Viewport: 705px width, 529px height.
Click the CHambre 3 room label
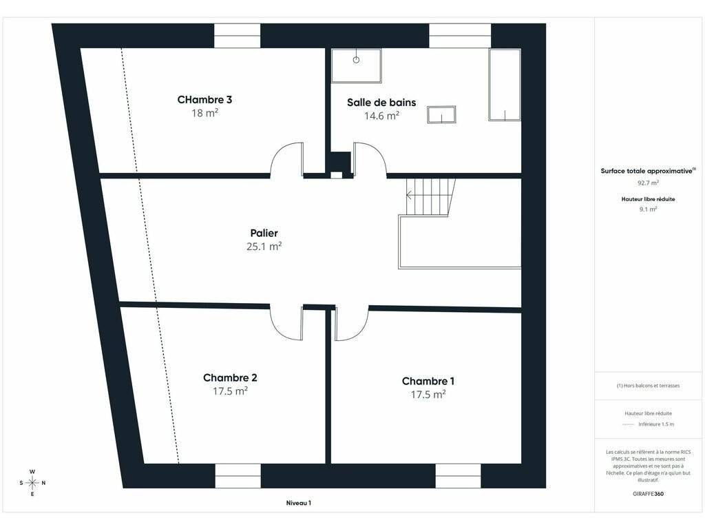click(x=204, y=99)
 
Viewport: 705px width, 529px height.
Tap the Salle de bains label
click(x=381, y=102)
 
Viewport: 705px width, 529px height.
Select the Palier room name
click(x=264, y=233)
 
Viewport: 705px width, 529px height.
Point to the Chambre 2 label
click(x=230, y=378)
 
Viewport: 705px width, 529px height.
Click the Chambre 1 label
click(x=428, y=381)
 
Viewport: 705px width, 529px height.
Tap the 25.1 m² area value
click(x=264, y=246)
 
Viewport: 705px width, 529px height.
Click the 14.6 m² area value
click(x=381, y=116)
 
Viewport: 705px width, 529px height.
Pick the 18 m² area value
click(x=204, y=113)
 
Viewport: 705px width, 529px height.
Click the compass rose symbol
click(x=32, y=483)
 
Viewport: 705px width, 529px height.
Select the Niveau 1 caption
click(x=299, y=503)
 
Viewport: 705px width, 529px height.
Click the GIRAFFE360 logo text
click(x=648, y=493)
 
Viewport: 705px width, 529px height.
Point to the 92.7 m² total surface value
click(x=648, y=183)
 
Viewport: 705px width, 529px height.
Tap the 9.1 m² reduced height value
click(x=648, y=209)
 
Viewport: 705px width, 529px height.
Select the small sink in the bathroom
click(x=441, y=115)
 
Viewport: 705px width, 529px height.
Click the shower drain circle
click(x=356, y=60)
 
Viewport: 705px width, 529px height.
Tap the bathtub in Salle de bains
click(x=505, y=85)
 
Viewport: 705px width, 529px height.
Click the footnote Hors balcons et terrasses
click(x=648, y=386)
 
